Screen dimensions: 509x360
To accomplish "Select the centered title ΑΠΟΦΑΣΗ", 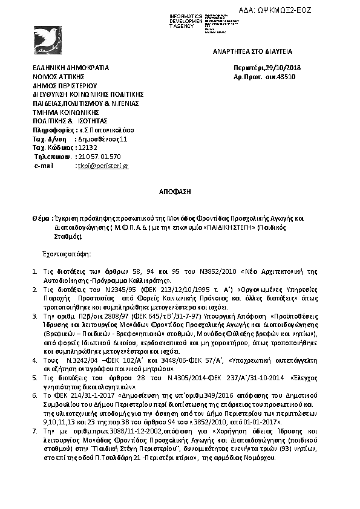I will pyautogui.click(x=179, y=190).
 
